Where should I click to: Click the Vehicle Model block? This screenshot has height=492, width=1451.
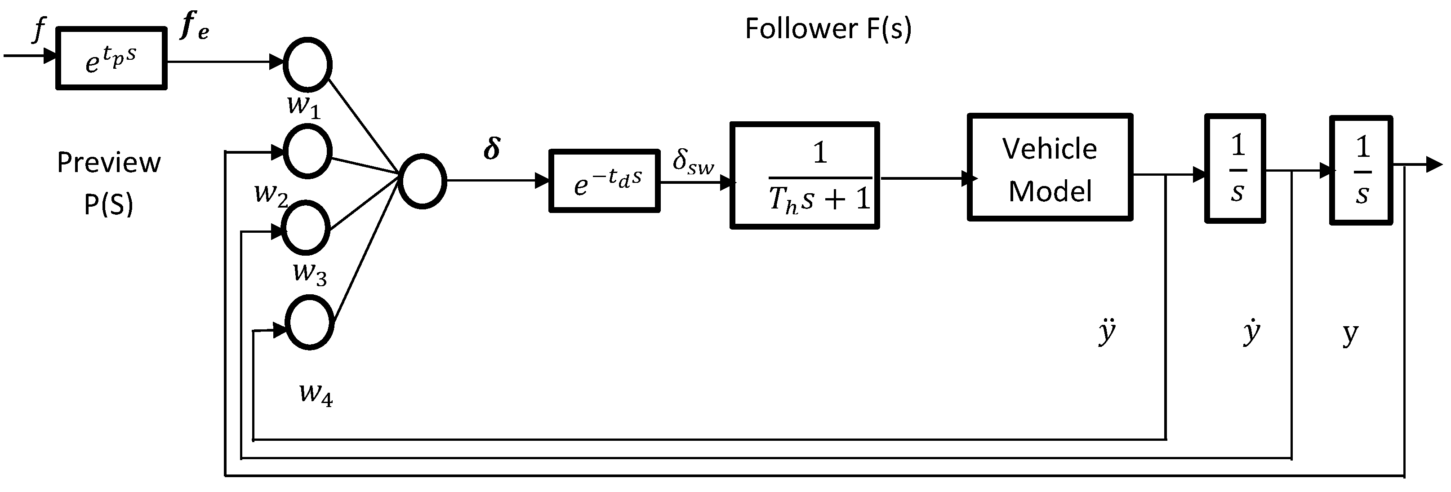click(1050, 168)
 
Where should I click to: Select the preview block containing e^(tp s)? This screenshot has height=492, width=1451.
click(111, 58)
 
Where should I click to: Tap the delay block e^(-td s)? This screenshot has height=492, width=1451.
click(604, 181)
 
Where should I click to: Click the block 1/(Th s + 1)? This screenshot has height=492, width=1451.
click(804, 176)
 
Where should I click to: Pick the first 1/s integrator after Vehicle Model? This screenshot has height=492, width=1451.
click(1235, 169)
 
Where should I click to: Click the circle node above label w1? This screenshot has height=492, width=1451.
click(307, 65)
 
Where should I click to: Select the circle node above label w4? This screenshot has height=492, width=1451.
click(309, 324)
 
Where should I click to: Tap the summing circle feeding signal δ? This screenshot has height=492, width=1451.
click(423, 181)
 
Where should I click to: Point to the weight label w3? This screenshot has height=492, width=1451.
click(310, 274)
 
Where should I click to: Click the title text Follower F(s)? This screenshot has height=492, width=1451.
click(828, 29)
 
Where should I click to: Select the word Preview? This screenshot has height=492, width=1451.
click(109, 163)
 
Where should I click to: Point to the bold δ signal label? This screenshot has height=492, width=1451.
click(492, 149)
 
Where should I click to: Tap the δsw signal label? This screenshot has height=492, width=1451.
click(693, 163)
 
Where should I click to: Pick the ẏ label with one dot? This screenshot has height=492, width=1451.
click(1251, 332)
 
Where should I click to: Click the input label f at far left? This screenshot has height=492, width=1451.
click(38, 29)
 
